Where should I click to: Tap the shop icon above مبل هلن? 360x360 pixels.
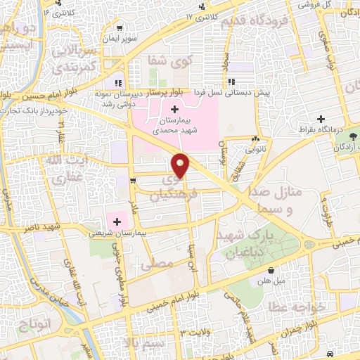(271, 270)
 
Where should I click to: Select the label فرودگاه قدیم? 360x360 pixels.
(256, 20)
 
